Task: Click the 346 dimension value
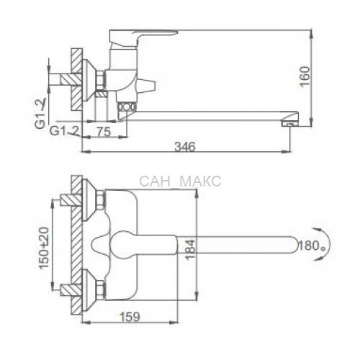(x=185, y=146)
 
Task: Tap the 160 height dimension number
(x=305, y=76)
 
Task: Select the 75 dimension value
(x=104, y=132)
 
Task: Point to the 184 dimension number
(x=191, y=249)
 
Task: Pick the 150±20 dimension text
(x=44, y=248)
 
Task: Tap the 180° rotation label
(x=311, y=246)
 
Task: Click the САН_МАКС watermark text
(x=180, y=181)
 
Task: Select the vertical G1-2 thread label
(x=41, y=114)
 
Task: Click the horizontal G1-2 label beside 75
(x=64, y=131)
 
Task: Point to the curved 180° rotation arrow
(x=325, y=244)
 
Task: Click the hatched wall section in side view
(x=77, y=79)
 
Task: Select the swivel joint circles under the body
(x=127, y=107)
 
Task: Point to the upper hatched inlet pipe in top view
(x=71, y=199)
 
